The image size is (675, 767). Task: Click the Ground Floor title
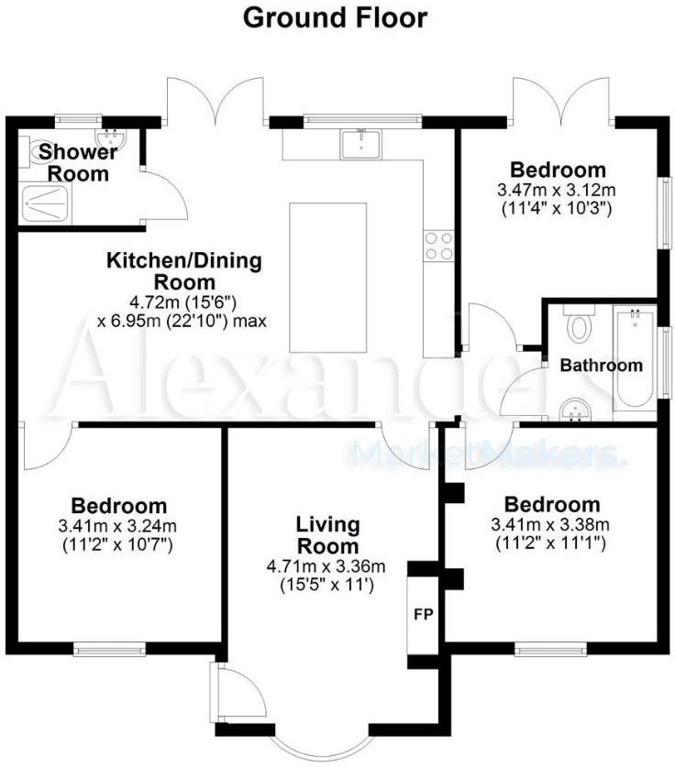coord(335,17)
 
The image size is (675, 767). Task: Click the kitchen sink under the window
coord(362,142)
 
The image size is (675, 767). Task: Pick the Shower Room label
coord(78,162)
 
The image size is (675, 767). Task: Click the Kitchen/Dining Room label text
coord(184,271)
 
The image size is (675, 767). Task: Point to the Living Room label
coord(327,535)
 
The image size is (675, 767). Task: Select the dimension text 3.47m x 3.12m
coord(557,190)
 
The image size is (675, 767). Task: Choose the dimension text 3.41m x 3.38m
coord(552,525)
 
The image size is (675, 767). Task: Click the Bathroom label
coord(602,365)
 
